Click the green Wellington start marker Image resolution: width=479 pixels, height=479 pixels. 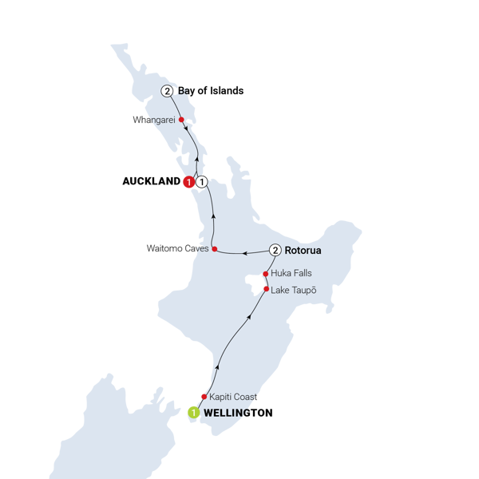point(192,413)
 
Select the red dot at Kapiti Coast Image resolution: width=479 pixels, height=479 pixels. point(204,396)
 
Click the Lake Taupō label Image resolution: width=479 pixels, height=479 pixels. point(293,289)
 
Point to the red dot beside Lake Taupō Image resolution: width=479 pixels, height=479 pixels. point(266,288)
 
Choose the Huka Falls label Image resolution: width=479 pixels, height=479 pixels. point(291,273)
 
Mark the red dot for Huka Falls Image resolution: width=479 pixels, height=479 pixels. point(266,273)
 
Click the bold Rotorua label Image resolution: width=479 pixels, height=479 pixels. point(303,251)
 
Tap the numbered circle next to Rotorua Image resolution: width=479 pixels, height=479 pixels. point(275,251)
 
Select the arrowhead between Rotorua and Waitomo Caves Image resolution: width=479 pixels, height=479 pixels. point(245,253)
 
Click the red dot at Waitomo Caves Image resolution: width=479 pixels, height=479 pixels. point(215,249)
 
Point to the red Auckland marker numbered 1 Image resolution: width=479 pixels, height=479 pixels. point(188,183)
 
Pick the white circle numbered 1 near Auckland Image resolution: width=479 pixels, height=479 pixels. point(202,182)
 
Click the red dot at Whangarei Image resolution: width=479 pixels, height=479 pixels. point(182,121)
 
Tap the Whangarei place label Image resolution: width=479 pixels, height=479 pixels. point(156,120)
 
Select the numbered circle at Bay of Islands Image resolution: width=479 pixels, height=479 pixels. point(166,91)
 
